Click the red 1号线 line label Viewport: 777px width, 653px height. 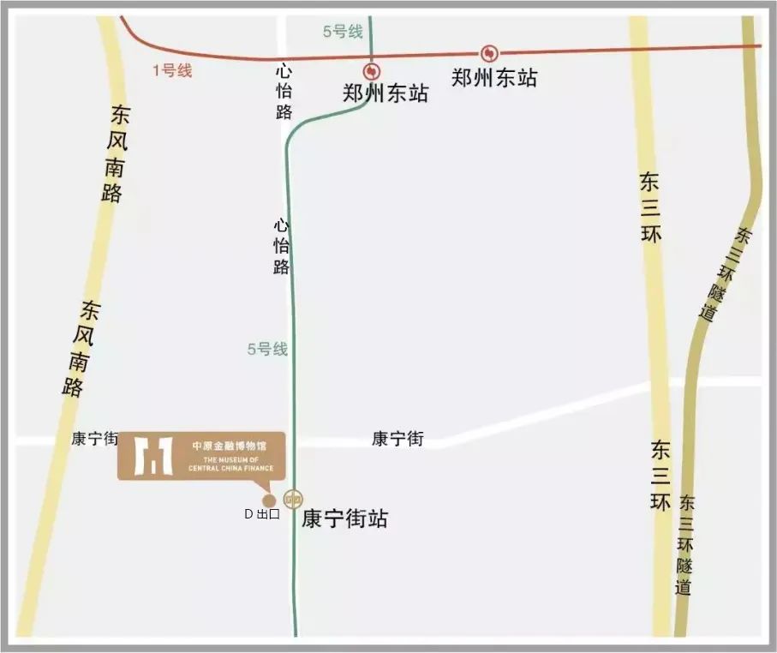[x=171, y=71]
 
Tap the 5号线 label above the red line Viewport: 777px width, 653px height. [x=343, y=33]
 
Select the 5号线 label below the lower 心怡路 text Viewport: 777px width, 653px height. [x=267, y=349]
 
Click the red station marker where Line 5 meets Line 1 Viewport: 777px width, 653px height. [x=370, y=71]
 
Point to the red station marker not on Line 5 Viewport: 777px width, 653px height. [x=489, y=53]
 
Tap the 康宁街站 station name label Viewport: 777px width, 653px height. [x=344, y=519]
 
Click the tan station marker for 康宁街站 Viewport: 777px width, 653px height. [x=294, y=498]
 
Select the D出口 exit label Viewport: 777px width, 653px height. [x=262, y=515]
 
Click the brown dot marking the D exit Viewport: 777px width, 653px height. [x=268, y=500]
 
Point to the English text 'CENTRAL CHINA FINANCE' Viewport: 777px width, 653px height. [x=233, y=468]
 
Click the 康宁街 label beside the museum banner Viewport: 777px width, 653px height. [x=94, y=439]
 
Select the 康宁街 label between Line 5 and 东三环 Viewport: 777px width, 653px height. [x=397, y=439]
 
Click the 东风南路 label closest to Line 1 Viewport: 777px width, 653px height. [x=115, y=154]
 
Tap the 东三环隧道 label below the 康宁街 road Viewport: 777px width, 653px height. [x=685, y=546]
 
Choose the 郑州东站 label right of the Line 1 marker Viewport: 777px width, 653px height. [x=494, y=78]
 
